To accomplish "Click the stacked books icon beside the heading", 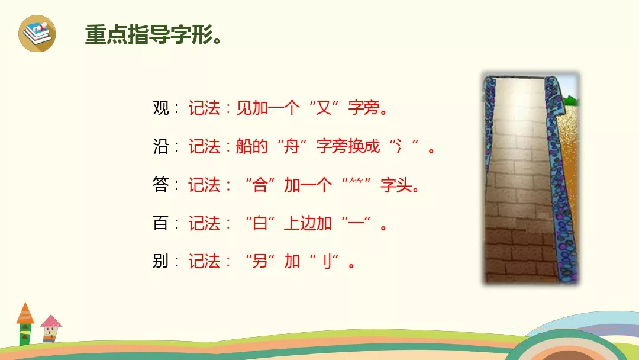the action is tap(37, 33).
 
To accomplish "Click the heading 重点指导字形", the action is tap(149, 34).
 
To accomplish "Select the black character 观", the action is tap(160, 108).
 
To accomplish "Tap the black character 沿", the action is tap(160, 146).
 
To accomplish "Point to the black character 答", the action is tap(160, 185).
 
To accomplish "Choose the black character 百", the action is tap(160, 223).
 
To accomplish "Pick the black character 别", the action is tap(160, 261).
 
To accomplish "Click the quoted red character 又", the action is tap(324, 108).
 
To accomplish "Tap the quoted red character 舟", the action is tap(292, 146).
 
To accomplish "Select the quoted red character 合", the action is tap(260, 185).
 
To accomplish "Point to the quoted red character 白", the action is tap(260, 223).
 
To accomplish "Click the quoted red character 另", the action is tap(260, 261).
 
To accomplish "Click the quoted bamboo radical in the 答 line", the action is tap(356, 181).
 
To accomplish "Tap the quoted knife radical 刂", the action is tap(327, 261).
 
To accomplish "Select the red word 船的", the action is tap(252, 146).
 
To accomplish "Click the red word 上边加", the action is tap(308, 223).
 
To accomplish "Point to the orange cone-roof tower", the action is tap(25, 324).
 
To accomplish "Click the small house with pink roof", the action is tap(50, 329).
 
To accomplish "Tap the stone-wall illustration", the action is tap(531, 178).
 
